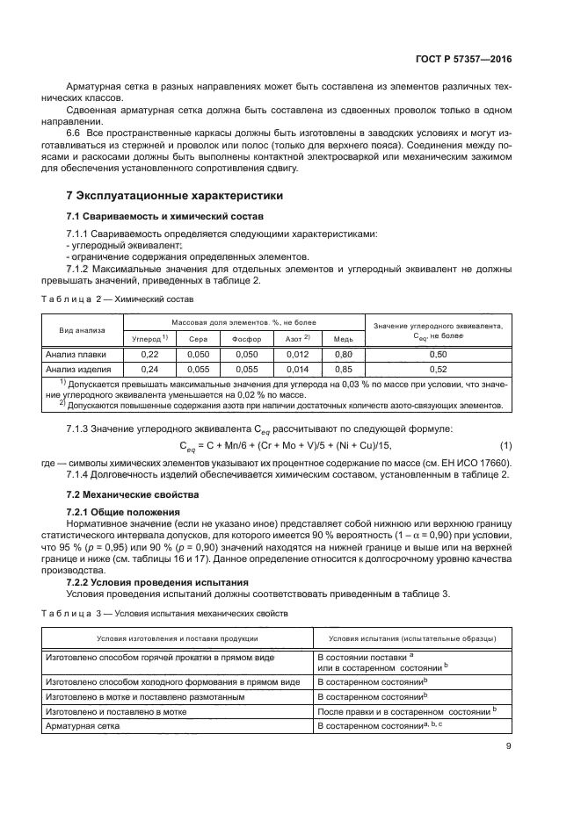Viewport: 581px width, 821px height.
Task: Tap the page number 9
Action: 508,746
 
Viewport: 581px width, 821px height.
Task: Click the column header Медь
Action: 343,338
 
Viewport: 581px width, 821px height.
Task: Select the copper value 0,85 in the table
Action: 343,369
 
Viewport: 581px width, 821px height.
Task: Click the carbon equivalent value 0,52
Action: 437,369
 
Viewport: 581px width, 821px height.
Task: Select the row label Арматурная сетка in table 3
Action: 88,725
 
